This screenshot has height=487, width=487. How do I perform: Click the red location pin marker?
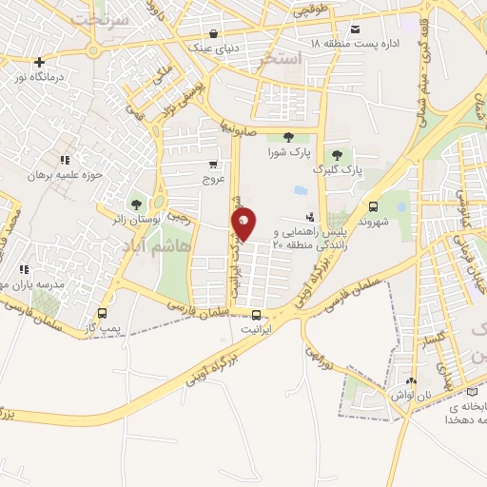tap(243, 224)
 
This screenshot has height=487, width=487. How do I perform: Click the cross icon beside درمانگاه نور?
tap(39, 63)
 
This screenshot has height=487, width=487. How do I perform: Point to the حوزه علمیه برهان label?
tap(63, 175)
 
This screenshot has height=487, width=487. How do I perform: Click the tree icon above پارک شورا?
tap(289, 136)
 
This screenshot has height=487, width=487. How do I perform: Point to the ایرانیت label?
tap(255, 328)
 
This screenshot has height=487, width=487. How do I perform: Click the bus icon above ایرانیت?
tap(255, 315)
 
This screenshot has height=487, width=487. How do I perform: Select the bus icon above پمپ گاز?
tap(102, 313)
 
